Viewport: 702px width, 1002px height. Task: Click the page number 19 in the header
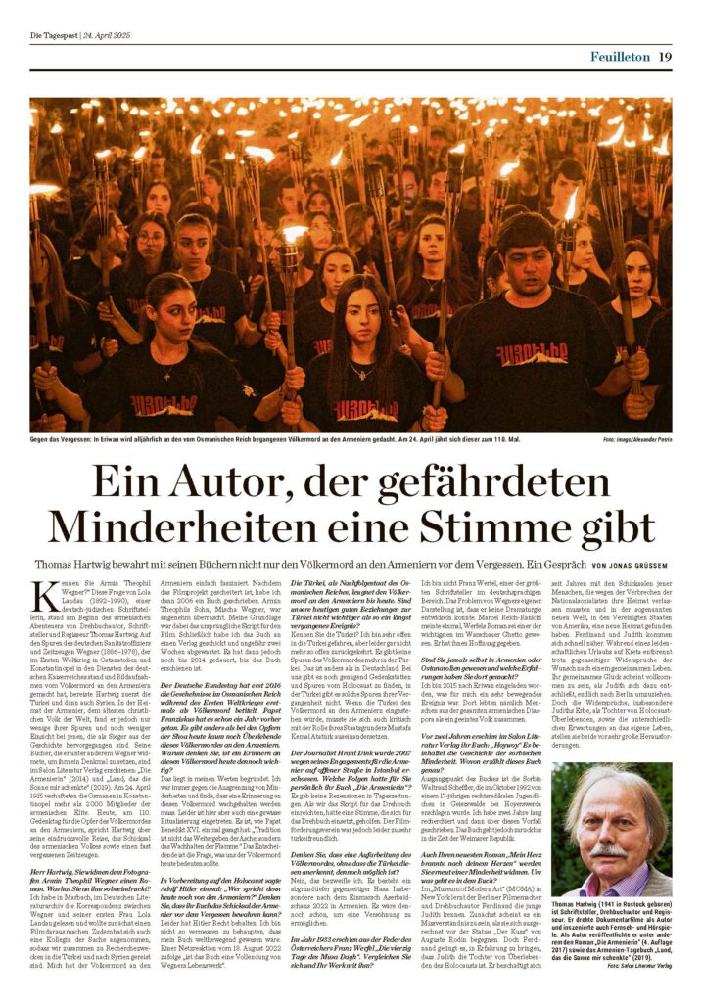click(665, 57)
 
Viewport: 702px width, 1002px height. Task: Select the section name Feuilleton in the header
click(620, 57)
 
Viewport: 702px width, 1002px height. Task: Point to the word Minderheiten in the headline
click(180, 527)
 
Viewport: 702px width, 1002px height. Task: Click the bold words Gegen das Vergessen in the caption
click(61, 441)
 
